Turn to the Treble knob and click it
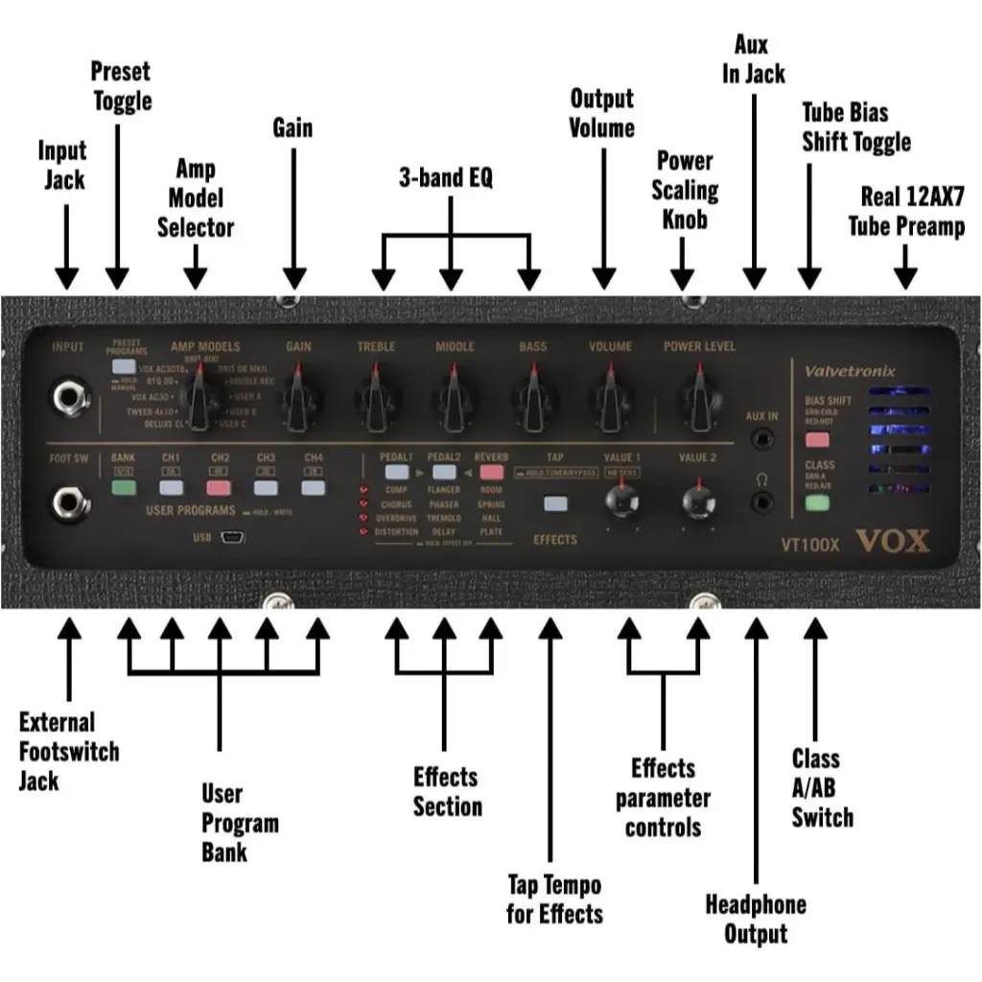[x=376, y=395]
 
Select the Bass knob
[x=530, y=395]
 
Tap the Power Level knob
[x=698, y=395]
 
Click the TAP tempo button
[x=554, y=503]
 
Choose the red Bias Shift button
[x=816, y=440]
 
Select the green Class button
[x=816, y=502]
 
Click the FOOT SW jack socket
[x=68, y=501]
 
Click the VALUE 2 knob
[x=697, y=500]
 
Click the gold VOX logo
[x=892, y=542]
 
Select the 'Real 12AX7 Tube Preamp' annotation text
[x=906, y=211]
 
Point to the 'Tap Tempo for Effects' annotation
[x=554, y=899]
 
